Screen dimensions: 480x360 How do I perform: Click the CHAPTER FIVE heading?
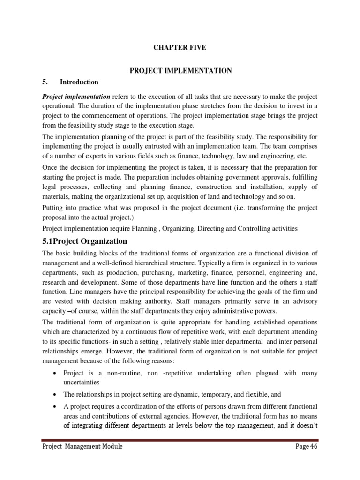click(180, 48)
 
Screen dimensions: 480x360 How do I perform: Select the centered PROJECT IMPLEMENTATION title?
click(180, 70)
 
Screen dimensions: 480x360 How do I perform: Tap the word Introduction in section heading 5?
click(79, 82)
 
